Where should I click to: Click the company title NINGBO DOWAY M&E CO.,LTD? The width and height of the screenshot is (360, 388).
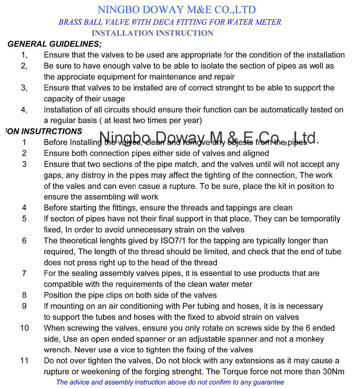point(176,10)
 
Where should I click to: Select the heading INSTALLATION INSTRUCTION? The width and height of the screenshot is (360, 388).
point(152,33)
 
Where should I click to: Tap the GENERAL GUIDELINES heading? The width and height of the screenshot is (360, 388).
point(54,44)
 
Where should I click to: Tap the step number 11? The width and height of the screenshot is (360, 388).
point(24,361)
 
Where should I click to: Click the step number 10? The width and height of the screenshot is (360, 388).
point(24,328)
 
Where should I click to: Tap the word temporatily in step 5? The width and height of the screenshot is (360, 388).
point(321,219)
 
